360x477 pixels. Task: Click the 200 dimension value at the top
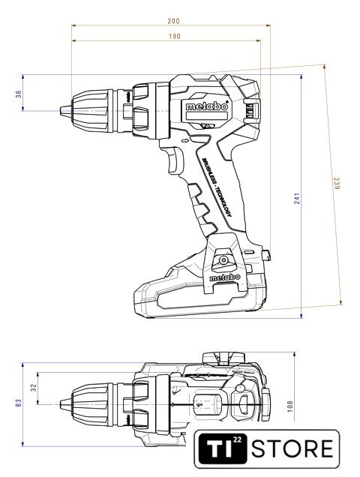click(173, 21)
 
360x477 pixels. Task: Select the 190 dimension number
click(174, 37)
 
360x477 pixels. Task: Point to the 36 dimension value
click(19, 94)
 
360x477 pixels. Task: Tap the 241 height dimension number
click(297, 198)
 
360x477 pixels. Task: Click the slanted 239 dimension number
click(336, 184)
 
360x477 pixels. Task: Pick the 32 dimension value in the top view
click(34, 388)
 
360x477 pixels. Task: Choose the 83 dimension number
click(18, 403)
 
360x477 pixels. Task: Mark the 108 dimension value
click(289, 406)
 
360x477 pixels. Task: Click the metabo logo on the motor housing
click(207, 106)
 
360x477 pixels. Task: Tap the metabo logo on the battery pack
click(225, 277)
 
